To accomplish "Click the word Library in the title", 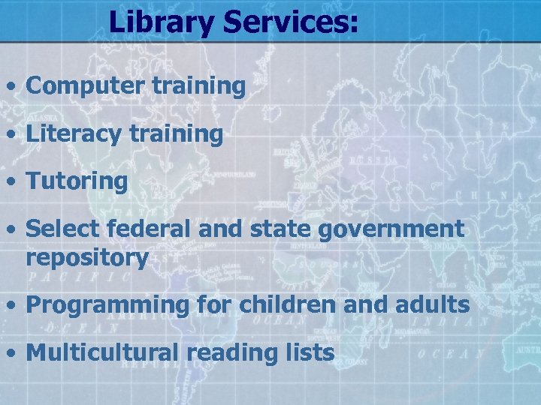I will tap(161, 22).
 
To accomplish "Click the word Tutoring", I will tap(77, 181).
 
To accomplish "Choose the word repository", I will tap(87, 259).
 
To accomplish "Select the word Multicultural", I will tap(101, 352).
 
